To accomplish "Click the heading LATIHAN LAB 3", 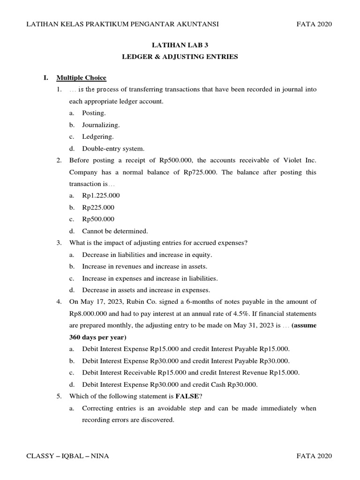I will [x=180, y=45].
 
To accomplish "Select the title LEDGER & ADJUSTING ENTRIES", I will [x=180, y=57].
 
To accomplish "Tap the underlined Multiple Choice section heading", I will [x=81, y=78].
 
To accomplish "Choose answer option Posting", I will [x=94, y=113].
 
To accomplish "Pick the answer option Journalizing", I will [x=101, y=125].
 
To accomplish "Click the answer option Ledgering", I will [x=98, y=137].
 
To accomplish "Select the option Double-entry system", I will [x=113, y=149].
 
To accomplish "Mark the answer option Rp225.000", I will [x=98, y=207].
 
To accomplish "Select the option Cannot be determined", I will [x=115, y=231].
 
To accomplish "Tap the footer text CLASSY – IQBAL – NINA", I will [x=68, y=456].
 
